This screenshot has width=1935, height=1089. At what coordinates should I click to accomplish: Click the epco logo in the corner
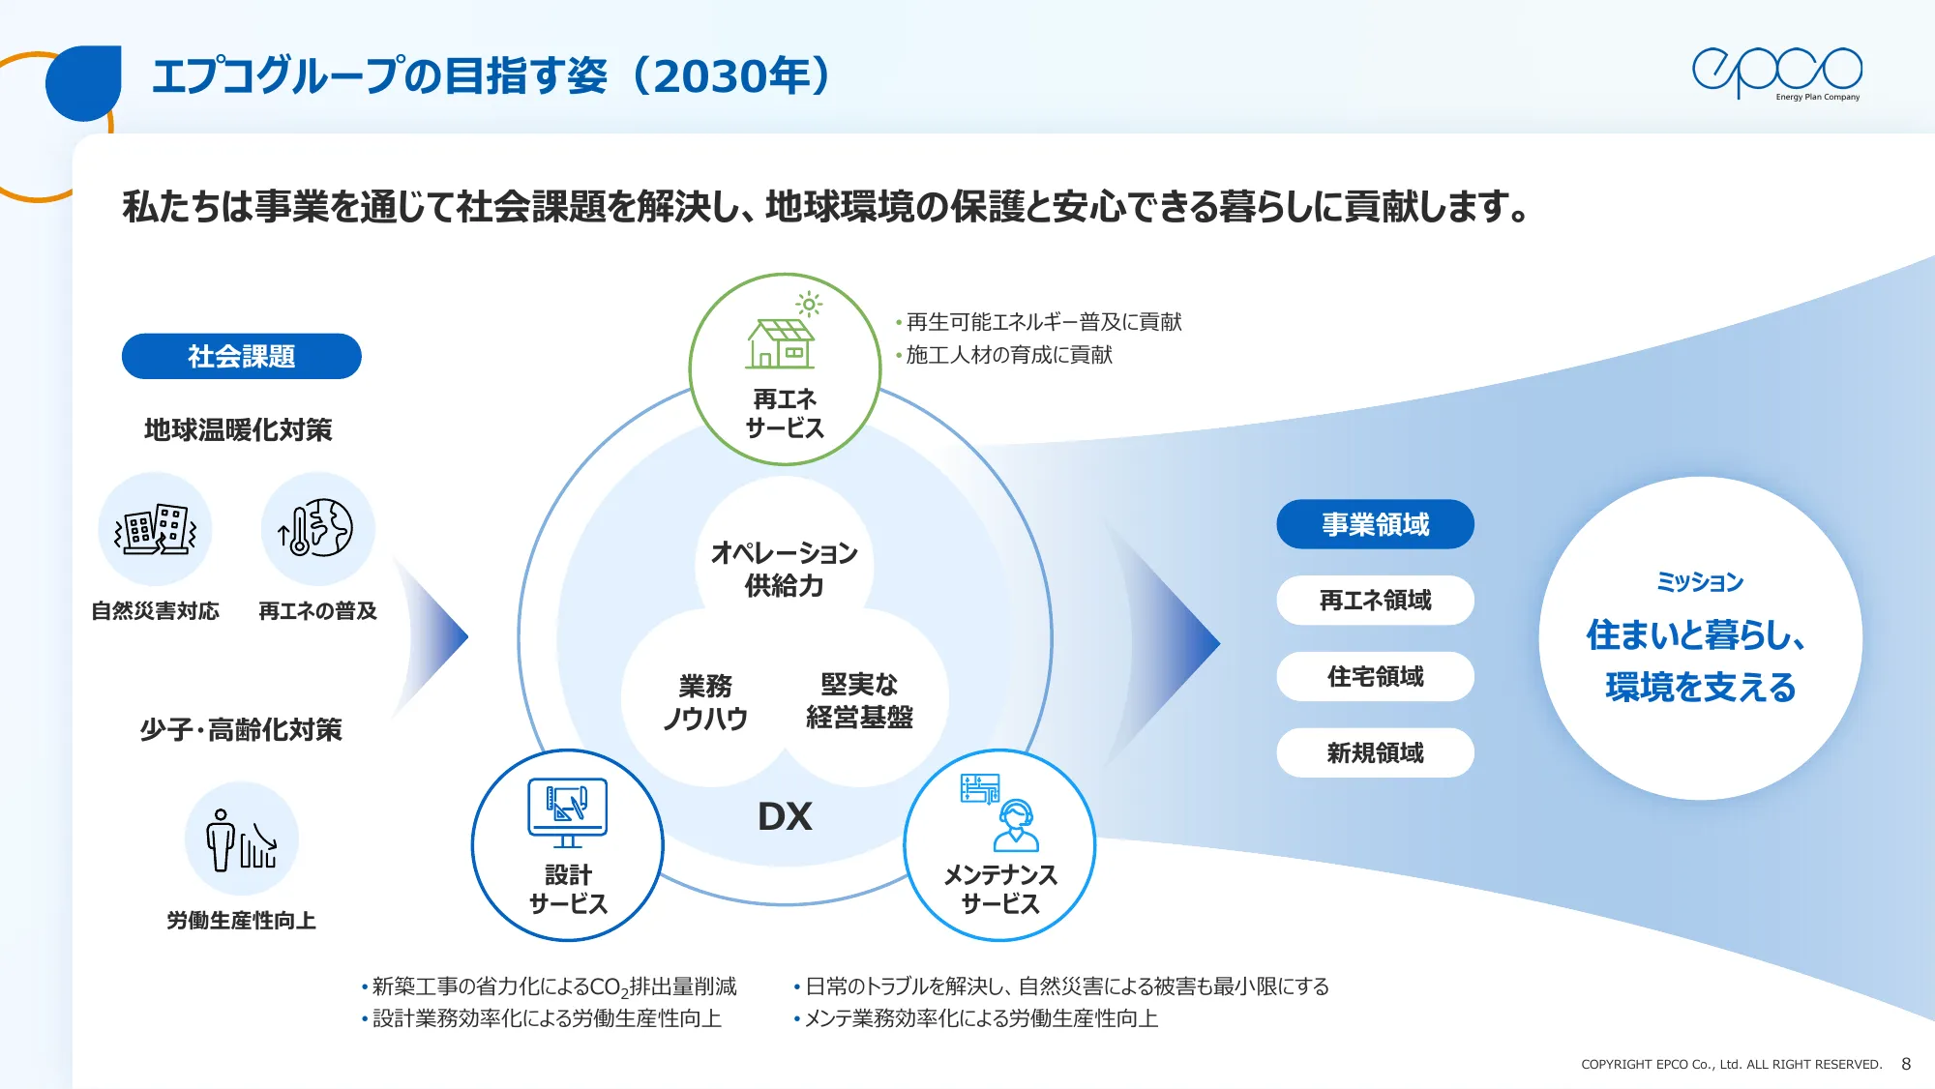coord(1776,73)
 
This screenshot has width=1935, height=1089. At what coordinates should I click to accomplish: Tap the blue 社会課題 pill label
coord(241,356)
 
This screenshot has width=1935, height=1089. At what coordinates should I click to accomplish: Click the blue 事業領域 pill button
coord(1375,524)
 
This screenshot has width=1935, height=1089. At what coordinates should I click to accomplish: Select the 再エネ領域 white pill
coord(1375,601)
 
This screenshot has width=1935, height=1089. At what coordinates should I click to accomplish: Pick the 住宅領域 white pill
coord(1375,677)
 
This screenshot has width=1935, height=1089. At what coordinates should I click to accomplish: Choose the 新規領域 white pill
coord(1375,752)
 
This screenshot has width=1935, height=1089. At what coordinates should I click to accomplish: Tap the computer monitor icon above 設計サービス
coord(568,810)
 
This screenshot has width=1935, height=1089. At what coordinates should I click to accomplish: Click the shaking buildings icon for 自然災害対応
coord(155,529)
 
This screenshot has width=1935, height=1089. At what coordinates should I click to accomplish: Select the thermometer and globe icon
coord(317,529)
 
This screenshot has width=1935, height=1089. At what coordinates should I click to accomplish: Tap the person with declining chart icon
coord(241,839)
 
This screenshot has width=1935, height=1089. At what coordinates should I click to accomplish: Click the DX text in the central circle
coord(785,817)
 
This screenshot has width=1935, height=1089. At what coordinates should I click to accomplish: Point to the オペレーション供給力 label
coord(784,569)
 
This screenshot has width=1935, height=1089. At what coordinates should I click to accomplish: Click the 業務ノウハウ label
coord(705,702)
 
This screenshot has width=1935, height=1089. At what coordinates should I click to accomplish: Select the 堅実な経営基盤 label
coord(859,700)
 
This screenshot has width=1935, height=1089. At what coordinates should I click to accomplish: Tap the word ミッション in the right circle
coord(1700,582)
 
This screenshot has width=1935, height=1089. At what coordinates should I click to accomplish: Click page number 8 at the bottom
coord(1905,1064)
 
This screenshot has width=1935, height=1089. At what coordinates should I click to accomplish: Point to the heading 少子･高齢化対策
coord(241,730)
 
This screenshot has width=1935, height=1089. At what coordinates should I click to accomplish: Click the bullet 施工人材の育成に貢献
coord(1008,355)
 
